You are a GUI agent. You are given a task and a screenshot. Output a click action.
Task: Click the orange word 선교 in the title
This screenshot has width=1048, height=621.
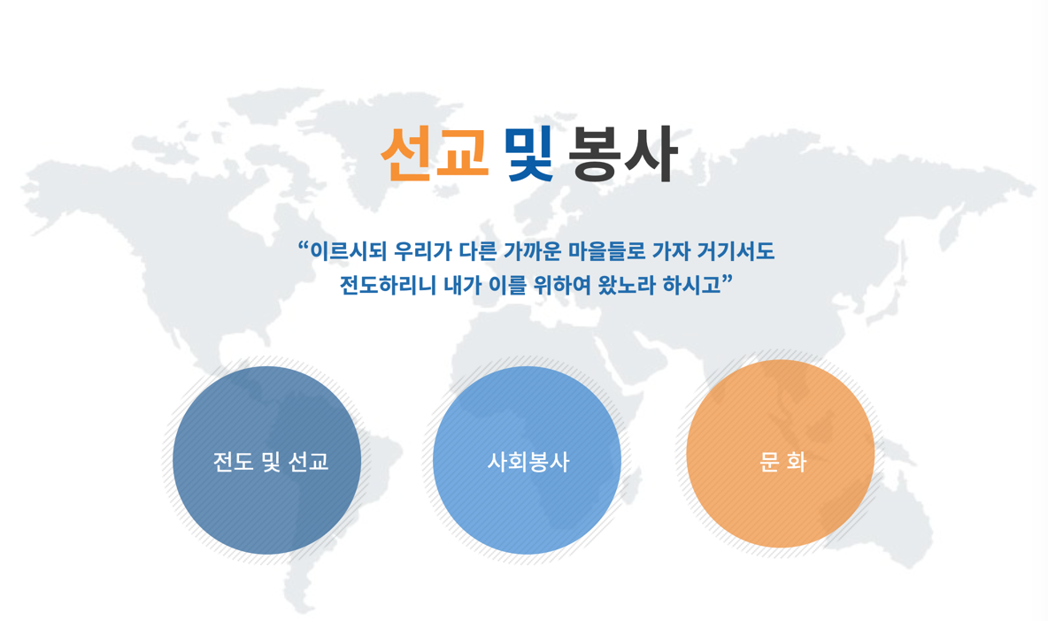pos(434,154)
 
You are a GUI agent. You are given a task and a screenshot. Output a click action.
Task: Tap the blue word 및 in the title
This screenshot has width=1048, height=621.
pos(529,154)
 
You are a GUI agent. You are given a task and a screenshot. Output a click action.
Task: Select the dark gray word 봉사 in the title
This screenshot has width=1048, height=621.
pos(624,154)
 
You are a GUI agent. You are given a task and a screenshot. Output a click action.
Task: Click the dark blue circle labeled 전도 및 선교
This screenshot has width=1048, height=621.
pos(267,460)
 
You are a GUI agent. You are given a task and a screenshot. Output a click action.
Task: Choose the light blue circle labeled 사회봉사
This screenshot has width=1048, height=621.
pos(528,460)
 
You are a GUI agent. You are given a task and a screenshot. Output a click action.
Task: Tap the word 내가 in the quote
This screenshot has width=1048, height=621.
pos(451,286)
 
